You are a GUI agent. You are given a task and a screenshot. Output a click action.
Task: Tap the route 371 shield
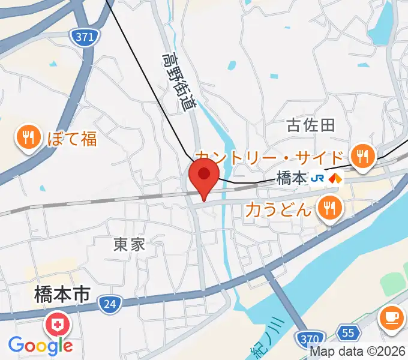(x=85, y=37)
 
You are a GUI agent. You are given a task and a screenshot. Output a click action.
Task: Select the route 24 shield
(x=109, y=305)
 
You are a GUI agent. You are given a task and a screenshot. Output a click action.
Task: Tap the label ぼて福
(x=71, y=139)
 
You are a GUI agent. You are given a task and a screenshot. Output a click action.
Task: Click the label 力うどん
(x=279, y=210)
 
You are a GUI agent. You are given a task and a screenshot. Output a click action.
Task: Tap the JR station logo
(x=318, y=179)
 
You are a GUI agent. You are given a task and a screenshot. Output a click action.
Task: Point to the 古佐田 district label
(x=310, y=125)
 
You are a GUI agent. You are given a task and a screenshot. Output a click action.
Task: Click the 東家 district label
(x=130, y=244)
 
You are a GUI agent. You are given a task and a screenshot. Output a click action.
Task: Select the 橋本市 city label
(x=62, y=295)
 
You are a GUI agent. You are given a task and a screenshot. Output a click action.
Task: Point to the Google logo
(x=40, y=345)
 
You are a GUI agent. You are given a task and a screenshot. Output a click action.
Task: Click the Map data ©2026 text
(x=359, y=352)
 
